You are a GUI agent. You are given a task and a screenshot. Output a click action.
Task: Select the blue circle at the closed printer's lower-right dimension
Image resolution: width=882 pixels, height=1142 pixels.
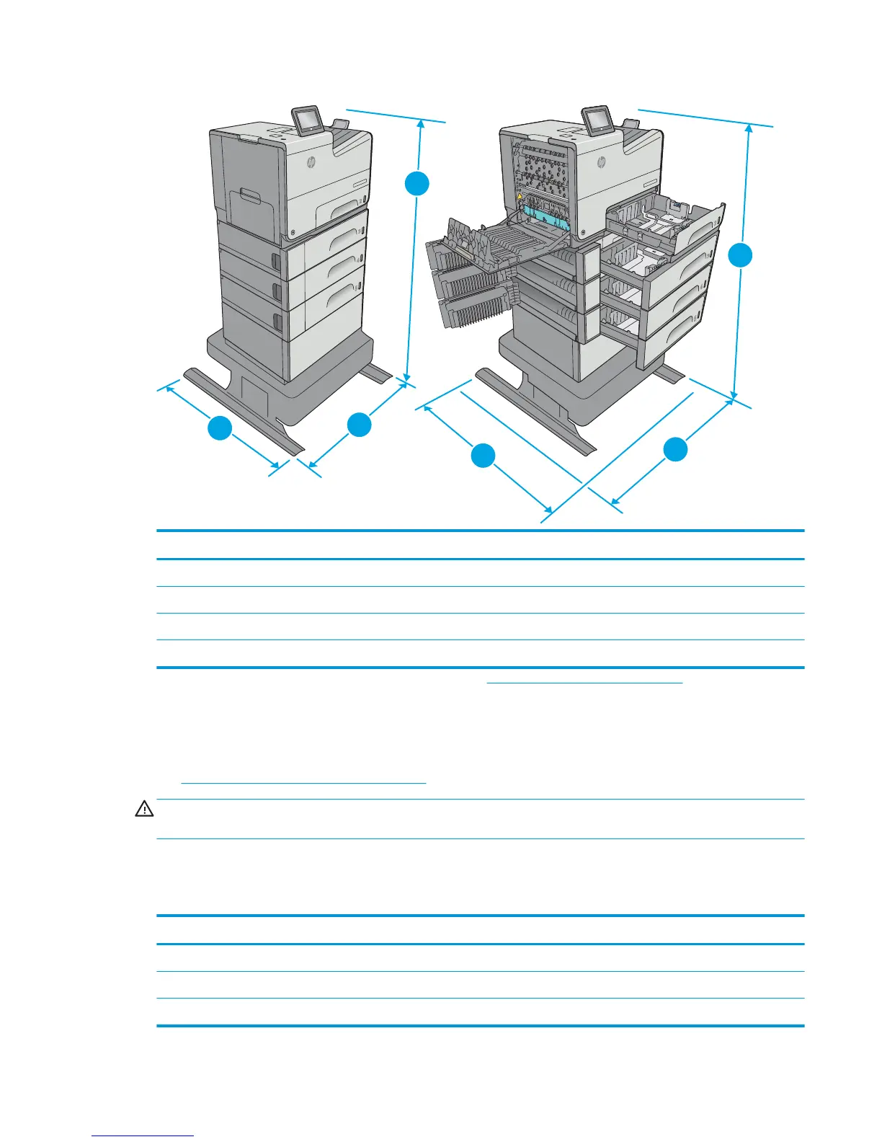pyautogui.click(x=359, y=425)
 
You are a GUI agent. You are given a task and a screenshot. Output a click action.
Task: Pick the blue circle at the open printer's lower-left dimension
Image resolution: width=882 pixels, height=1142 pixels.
pyautogui.click(x=483, y=456)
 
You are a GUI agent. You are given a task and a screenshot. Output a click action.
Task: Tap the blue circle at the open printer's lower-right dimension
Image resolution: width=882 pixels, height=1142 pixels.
pyautogui.click(x=675, y=450)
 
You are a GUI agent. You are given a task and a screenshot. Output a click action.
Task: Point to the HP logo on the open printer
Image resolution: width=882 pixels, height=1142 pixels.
pyautogui.click(x=601, y=163)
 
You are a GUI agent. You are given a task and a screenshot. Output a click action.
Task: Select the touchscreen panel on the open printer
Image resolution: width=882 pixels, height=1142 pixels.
pyautogui.click(x=597, y=120)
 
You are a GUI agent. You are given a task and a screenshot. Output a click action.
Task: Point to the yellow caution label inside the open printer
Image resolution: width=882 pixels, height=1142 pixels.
pyautogui.click(x=519, y=196)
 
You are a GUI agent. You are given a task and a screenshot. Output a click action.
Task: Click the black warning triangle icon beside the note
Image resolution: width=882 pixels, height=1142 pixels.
pyautogui.click(x=144, y=810)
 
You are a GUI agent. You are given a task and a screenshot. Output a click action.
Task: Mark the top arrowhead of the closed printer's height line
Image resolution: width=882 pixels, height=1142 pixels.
pyautogui.click(x=421, y=123)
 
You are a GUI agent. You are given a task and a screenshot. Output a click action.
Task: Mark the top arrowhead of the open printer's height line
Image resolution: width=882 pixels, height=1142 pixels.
pyautogui.click(x=749, y=128)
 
